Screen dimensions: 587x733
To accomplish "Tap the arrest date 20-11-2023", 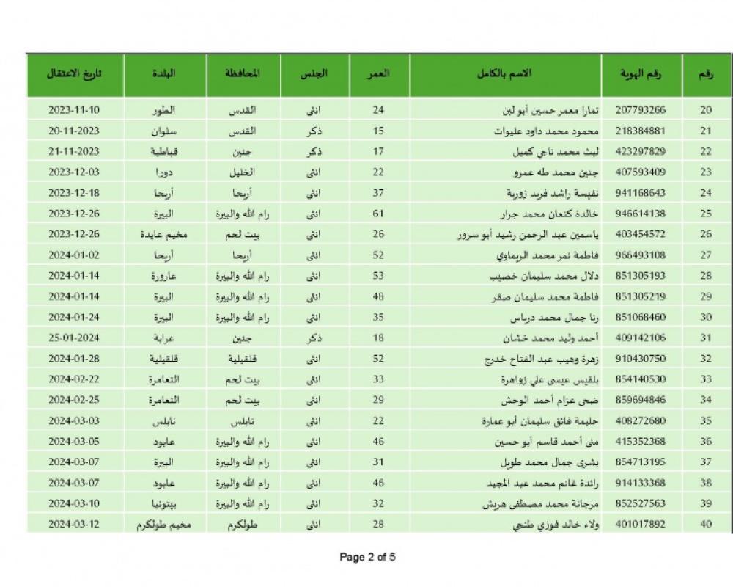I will coord(73,131).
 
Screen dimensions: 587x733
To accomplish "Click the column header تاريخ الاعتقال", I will coord(73,74).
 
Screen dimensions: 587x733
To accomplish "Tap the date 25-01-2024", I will coord(73,338).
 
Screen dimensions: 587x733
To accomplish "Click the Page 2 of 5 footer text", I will coord(367,557).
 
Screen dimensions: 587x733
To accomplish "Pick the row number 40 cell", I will coord(706,525).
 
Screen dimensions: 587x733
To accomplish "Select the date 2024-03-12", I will coord(73,525).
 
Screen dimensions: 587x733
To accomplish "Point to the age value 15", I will coord(379,131).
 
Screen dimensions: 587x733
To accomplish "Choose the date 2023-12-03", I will coord(73,172).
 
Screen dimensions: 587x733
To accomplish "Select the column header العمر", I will coord(379,74).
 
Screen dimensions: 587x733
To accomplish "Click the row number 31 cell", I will coord(706,338).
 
